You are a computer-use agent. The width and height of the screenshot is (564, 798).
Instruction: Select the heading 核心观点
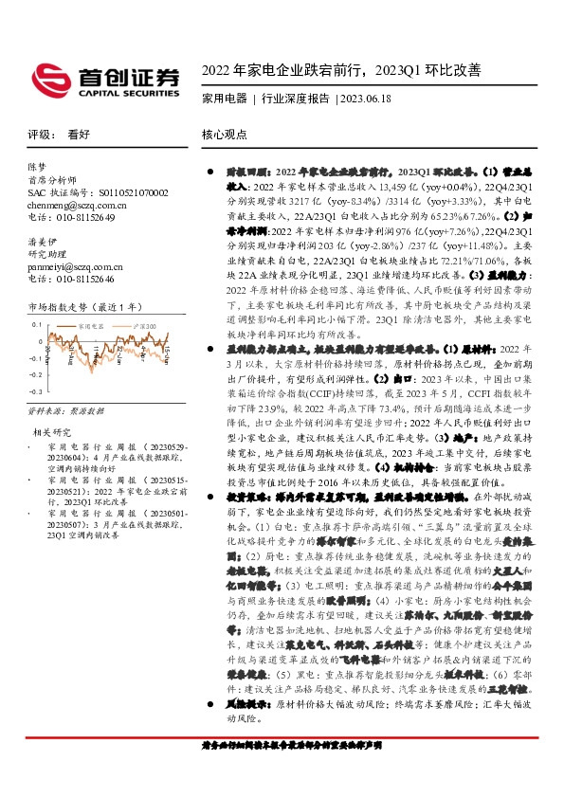point(224,135)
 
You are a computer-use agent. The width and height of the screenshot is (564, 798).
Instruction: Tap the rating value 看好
point(77,135)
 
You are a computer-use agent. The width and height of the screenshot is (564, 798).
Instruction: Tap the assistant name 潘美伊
point(43,242)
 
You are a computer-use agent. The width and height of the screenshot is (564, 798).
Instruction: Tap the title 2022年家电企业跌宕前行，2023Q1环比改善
point(342,69)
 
